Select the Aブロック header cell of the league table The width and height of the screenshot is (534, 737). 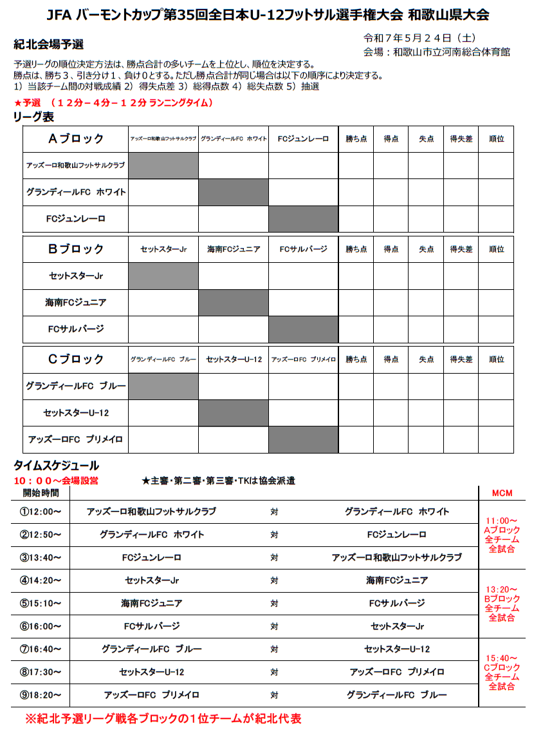(x=75, y=139)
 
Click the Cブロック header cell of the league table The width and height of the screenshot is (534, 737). (x=75, y=359)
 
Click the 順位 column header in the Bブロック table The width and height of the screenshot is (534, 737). (x=496, y=249)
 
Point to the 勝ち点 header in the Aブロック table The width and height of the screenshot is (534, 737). (x=356, y=139)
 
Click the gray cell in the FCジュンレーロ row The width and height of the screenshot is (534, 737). (x=304, y=219)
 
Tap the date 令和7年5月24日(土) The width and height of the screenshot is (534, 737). (x=420, y=38)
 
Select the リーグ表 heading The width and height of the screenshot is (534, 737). (x=33, y=117)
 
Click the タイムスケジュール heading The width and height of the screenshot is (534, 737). (x=57, y=465)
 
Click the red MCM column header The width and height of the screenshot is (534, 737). (x=502, y=493)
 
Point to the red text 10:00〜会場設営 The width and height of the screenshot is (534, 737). (x=56, y=481)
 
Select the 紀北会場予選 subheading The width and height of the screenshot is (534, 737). (x=48, y=44)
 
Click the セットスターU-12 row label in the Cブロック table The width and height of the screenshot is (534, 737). (x=75, y=413)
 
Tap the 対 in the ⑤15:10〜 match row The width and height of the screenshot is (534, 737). (x=274, y=604)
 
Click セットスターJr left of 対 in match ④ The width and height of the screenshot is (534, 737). (x=152, y=580)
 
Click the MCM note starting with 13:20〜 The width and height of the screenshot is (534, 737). (x=502, y=604)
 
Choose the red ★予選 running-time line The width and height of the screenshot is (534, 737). (x=113, y=103)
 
